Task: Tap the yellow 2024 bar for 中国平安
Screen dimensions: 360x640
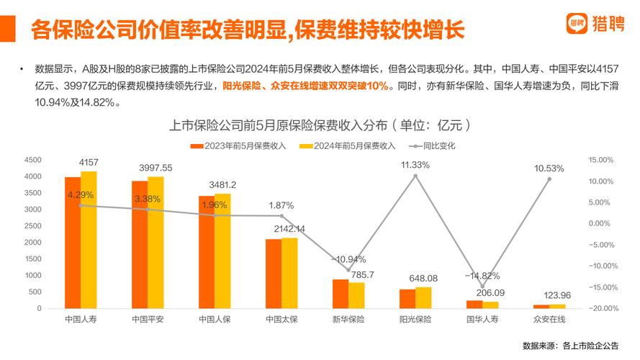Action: click(x=156, y=243)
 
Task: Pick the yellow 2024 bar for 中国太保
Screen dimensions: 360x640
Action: click(x=289, y=273)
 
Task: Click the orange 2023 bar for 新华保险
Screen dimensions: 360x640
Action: click(x=340, y=294)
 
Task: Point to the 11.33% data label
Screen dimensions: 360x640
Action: click(x=415, y=165)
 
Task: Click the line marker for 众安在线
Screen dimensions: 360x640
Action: click(x=549, y=179)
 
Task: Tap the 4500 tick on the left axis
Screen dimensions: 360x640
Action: click(x=32, y=160)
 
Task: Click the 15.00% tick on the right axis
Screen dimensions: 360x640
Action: click(x=600, y=160)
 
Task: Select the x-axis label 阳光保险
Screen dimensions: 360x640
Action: click(x=415, y=319)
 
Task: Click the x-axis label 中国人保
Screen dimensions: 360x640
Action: click(x=215, y=319)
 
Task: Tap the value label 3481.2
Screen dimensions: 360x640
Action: click(x=222, y=185)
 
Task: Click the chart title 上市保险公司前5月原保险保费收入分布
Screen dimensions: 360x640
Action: click(x=320, y=125)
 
